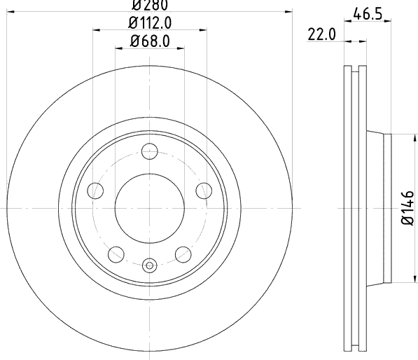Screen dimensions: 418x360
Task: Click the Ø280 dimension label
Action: [150, 6]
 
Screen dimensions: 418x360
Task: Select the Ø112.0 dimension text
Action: [150, 23]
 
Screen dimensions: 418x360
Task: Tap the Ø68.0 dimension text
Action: [150, 41]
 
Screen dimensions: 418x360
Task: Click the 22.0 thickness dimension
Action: [322, 34]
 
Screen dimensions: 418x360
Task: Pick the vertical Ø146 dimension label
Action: [407, 208]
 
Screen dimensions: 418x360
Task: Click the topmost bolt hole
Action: [150, 151]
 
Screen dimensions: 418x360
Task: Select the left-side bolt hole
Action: [95, 191]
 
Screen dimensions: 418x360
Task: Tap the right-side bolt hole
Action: [204, 191]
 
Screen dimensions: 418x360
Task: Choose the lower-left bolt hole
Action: [116, 254]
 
